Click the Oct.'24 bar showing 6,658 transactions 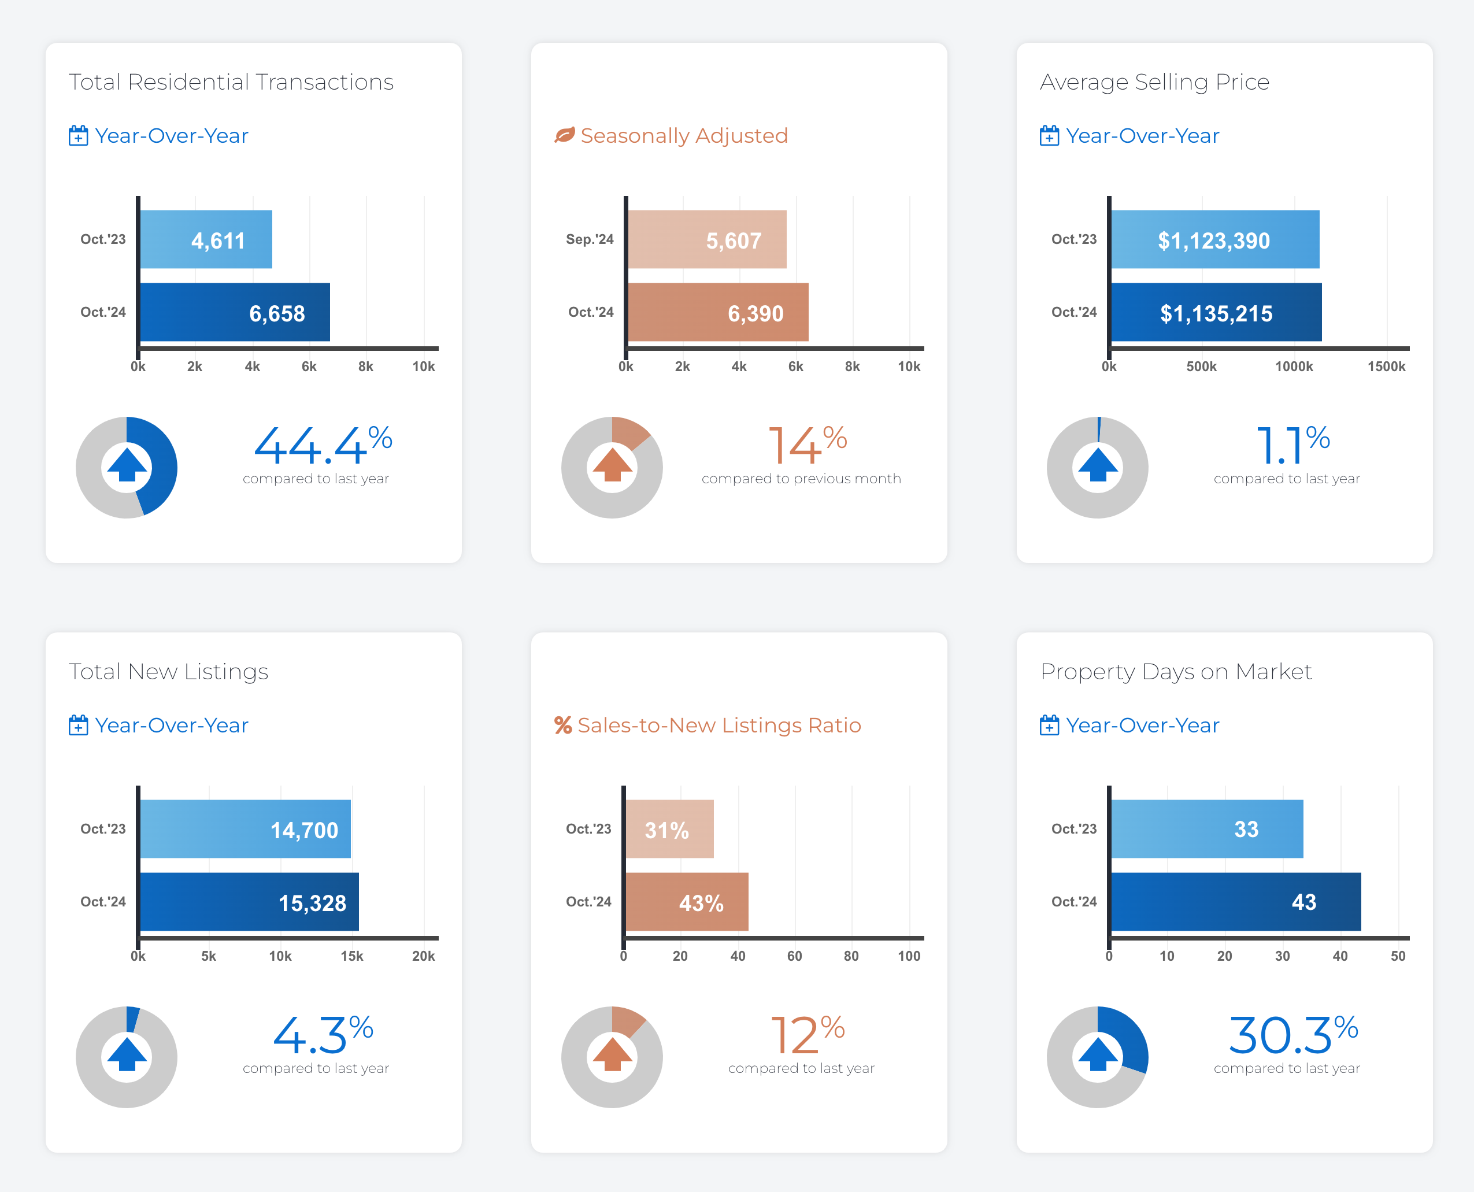(x=234, y=312)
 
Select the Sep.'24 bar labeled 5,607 (x=706, y=240)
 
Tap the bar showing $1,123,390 (x=1214, y=240)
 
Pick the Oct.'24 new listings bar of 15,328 (x=249, y=902)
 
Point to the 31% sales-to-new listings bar (x=669, y=829)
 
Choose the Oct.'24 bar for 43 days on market (x=1235, y=902)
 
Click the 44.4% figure (x=322, y=446)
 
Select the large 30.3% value (x=1292, y=1035)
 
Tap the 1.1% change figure (x=1292, y=446)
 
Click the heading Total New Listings (x=168, y=672)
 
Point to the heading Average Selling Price (x=1154, y=82)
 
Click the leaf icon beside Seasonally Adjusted (x=564, y=135)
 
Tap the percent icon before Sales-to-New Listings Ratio (x=563, y=725)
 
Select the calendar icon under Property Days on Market (x=1049, y=725)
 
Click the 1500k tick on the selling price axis (x=1386, y=367)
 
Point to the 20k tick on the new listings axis (x=423, y=956)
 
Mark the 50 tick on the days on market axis (x=1398, y=956)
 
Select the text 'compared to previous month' (x=801, y=479)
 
